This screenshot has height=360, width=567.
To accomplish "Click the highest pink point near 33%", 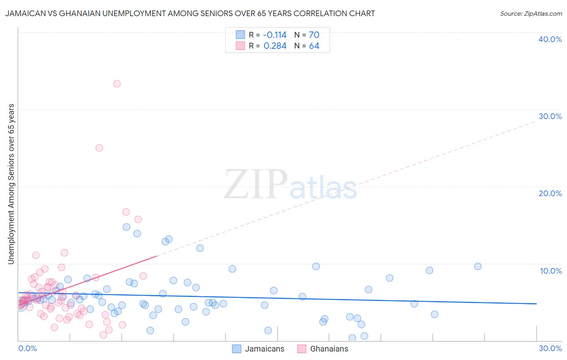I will [117, 84].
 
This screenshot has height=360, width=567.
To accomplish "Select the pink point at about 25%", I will [99, 148].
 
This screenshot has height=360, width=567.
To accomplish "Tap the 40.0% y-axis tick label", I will [550, 39].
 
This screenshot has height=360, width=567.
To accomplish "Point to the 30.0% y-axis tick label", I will [550, 116].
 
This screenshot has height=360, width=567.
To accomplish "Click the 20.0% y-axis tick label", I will [550, 193].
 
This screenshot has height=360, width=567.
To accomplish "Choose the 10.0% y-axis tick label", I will [551, 271].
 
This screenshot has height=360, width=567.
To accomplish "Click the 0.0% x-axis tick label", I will [27, 348].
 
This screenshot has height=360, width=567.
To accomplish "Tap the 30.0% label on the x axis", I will [550, 348].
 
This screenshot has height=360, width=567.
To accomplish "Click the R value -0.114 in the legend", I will [275, 35].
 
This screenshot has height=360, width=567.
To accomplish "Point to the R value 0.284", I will [275, 46].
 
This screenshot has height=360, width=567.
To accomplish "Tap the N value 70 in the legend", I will [314, 35].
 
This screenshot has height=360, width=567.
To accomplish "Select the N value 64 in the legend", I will [314, 46].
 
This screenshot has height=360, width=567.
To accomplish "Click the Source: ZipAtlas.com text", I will [531, 13].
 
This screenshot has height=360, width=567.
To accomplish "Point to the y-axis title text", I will [11, 184].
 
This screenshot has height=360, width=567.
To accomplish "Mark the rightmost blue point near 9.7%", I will [478, 266].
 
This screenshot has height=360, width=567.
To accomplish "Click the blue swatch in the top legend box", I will [240, 35].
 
